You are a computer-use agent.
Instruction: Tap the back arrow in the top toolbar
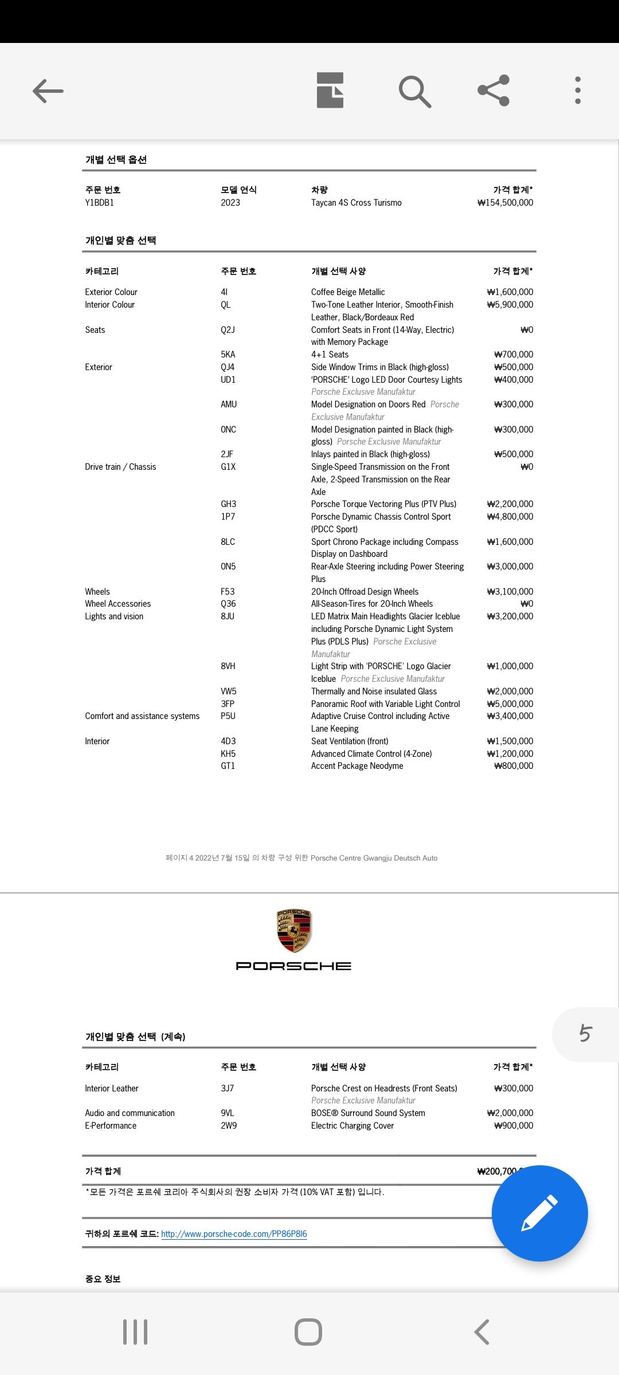point(48,91)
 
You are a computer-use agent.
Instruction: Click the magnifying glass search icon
point(414,91)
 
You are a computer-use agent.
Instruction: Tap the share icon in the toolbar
point(493,91)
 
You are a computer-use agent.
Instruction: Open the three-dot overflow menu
point(578,91)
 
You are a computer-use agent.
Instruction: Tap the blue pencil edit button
point(539,1213)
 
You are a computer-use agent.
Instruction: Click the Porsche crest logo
point(293,931)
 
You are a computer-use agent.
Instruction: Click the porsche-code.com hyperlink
point(234,1233)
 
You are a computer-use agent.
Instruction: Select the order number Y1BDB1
point(100,203)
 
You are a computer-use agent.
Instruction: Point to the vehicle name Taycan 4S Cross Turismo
point(356,203)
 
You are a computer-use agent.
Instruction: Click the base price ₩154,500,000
point(505,203)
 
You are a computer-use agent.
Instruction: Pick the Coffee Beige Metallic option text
point(348,292)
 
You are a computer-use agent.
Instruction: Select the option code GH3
point(228,504)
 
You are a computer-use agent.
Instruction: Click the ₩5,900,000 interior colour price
point(510,305)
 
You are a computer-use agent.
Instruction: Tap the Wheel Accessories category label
point(118,604)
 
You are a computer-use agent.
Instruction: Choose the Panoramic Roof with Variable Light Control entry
point(385,704)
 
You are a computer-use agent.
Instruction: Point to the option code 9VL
point(228,1113)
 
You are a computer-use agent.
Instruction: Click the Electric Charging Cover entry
point(352,1126)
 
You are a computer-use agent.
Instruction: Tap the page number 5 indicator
point(585,1034)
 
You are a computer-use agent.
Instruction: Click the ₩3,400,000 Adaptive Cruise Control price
point(510,716)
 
